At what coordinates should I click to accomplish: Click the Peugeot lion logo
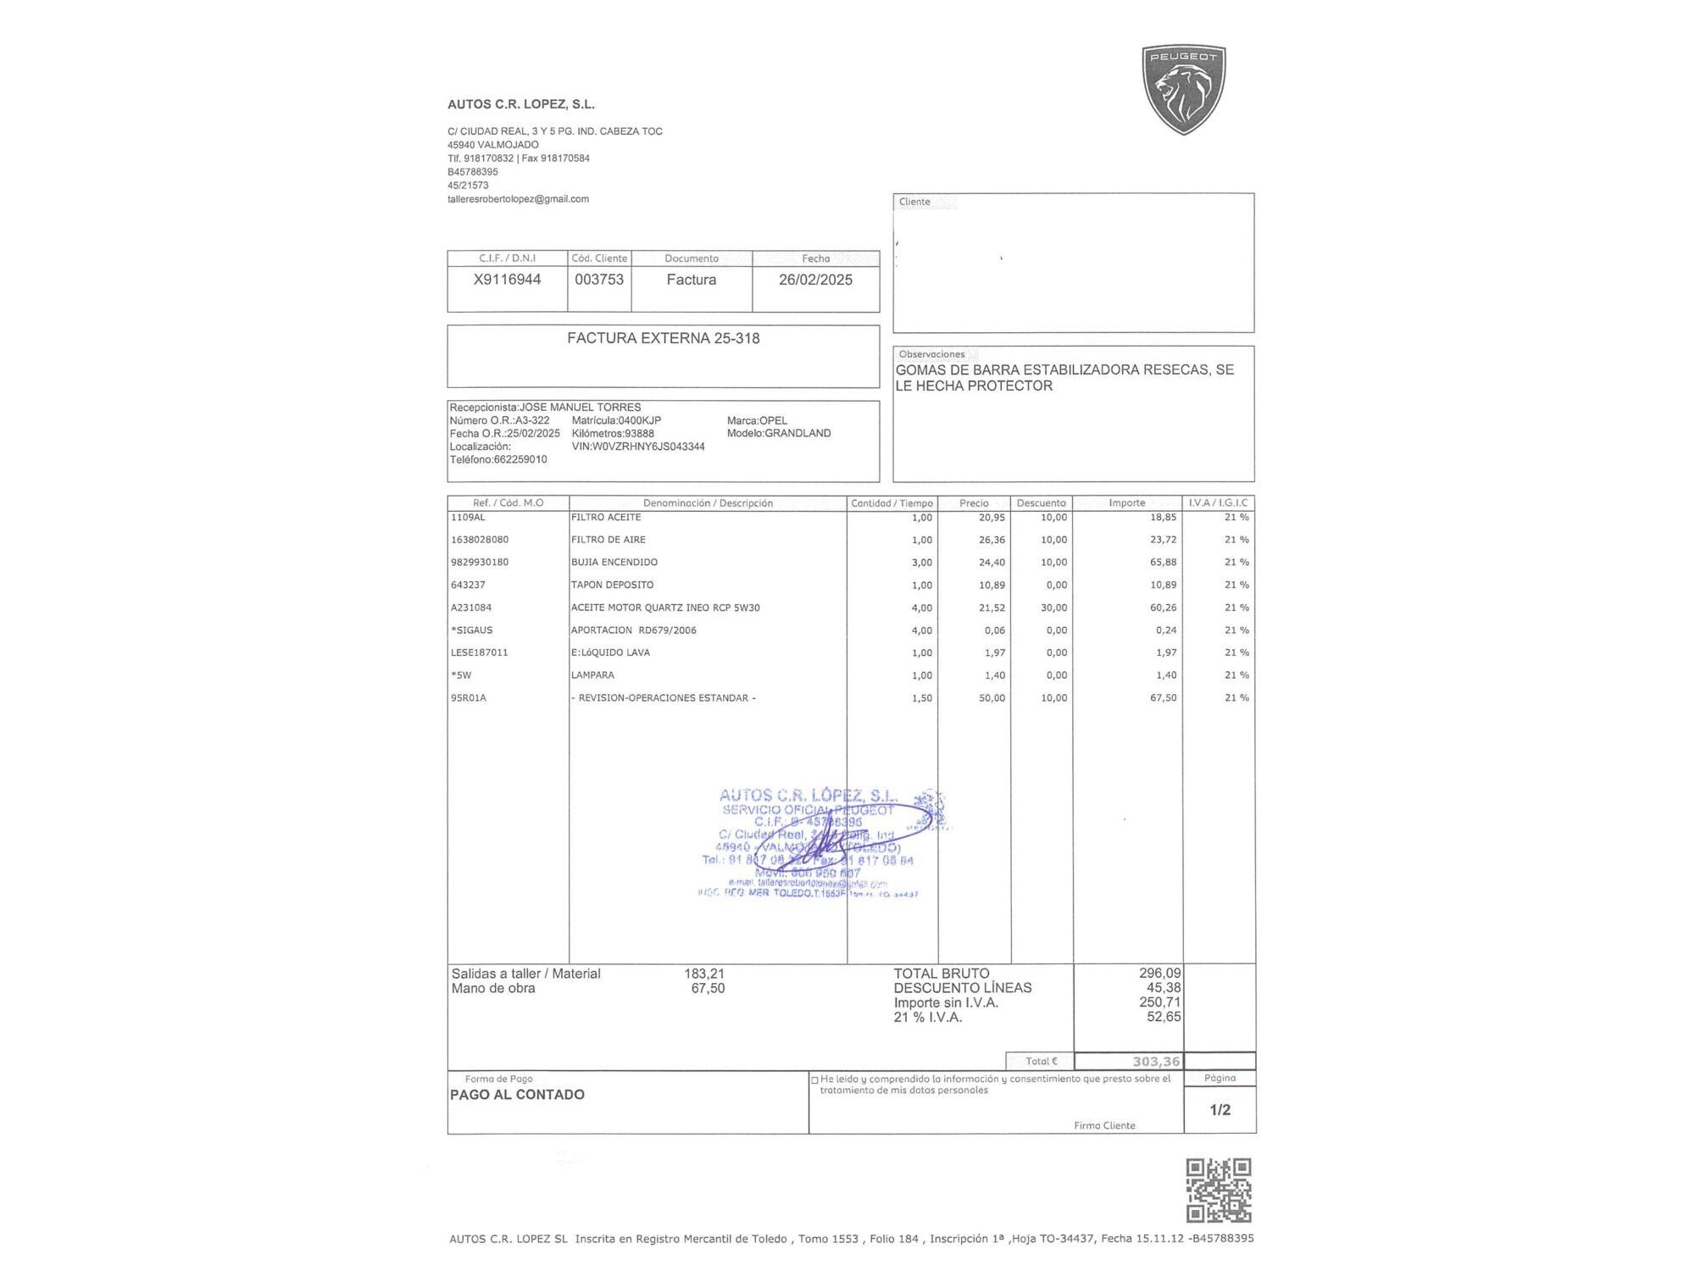(x=1184, y=90)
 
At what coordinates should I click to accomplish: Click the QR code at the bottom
(x=1218, y=1191)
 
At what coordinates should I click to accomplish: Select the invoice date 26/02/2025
(x=815, y=280)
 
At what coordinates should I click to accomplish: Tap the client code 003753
(x=599, y=280)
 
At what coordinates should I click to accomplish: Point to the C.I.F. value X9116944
(x=507, y=280)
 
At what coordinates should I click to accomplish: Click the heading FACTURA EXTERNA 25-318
(x=663, y=338)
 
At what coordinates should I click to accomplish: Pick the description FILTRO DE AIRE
(x=609, y=540)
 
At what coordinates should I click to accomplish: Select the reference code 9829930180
(x=480, y=563)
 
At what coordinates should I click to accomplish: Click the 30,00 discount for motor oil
(x=1054, y=608)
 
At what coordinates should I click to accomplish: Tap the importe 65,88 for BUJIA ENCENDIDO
(x=1163, y=563)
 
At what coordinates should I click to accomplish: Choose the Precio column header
(x=974, y=503)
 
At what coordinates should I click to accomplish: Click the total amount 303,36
(x=1156, y=1062)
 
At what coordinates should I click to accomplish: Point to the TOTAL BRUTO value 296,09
(x=1159, y=974)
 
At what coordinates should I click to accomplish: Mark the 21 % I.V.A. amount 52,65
(x=1164, y=1017)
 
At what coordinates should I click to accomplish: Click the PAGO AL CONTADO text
(x=517, y=1095)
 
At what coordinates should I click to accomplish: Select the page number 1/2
(x=1220, y=1110)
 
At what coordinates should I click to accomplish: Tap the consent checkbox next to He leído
(x=814, y=1080)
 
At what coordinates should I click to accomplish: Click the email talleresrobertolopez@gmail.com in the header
(x=518, y=199)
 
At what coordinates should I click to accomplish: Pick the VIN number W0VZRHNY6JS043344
(x=638, y=447)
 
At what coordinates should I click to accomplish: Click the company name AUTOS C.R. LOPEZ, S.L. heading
(x=521, y=104)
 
